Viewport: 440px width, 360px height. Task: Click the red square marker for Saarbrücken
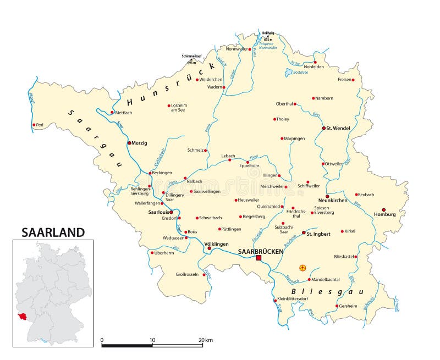(258, 257)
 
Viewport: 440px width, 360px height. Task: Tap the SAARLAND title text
(53, 232)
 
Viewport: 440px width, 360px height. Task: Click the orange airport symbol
(302, 268)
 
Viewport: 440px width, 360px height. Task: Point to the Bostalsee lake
(291, 72)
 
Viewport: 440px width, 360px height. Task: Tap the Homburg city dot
(384, 209)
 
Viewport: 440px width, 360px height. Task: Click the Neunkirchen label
(333, 201)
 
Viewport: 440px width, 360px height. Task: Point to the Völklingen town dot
(209, 248)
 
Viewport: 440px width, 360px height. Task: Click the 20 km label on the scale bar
(205, 340)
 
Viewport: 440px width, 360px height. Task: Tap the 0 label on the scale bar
(102, 340)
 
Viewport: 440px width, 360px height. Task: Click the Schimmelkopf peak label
(192, 56)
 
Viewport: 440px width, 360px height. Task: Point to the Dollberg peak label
(268, 34)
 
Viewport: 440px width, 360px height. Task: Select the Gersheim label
(349, 306)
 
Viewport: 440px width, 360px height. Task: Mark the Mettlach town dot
(112, 113)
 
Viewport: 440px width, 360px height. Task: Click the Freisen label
(344, 80)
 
